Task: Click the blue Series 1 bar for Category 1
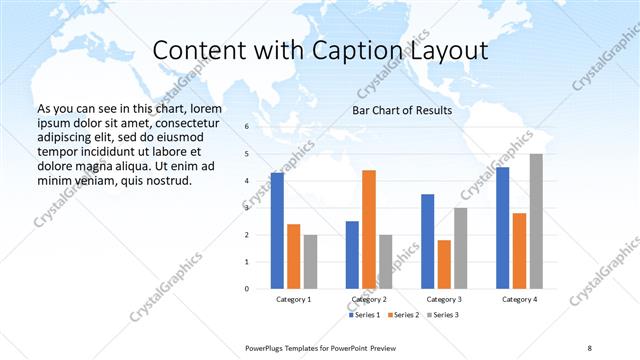(x=277, y=231)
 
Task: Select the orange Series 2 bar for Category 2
(x=369, y=229)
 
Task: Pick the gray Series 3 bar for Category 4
(x=536, y=221)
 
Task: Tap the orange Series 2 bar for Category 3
(x=444, y=264)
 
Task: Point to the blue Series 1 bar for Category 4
(x=502, y=228)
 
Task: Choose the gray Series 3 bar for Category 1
(x=310, y=262)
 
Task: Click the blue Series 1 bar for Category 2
(x=352, y=255)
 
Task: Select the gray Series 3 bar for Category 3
(x=461, y=248)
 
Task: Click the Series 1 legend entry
(x=363, y=315)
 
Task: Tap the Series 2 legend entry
(x=405, y=315)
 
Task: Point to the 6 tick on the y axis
(x=247, y=127)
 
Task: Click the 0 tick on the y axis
(x=247, y=289)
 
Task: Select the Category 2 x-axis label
(x=369, y=299)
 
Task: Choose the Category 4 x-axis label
(x=519, y=299)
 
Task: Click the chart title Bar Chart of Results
(x=402, y=110)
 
